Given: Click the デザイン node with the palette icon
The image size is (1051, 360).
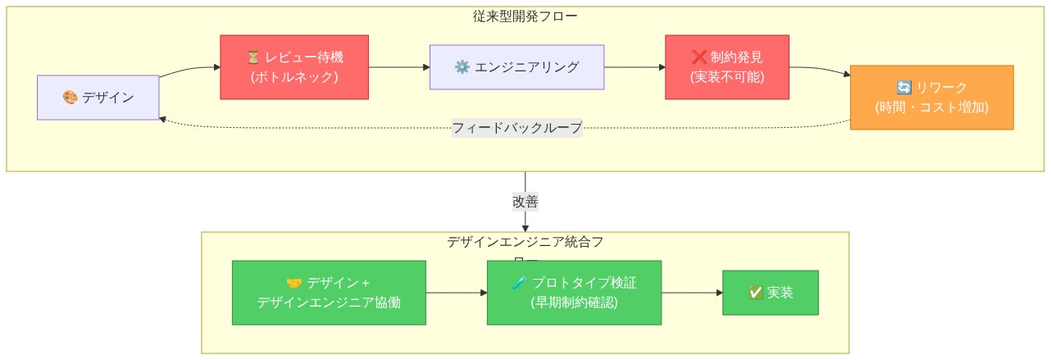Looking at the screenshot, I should pyautogui.click(x=98, y=98).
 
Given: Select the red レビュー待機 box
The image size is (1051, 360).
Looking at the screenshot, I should pyautogui.click(x=294, y=67).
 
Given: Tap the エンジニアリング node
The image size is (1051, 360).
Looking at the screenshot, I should pyautogui.click(x=516, y=67).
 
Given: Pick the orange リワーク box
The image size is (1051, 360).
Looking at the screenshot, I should pyautogui.click(x=931, y=98).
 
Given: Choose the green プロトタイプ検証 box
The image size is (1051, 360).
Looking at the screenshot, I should pyautogui.click(x=574, y=293).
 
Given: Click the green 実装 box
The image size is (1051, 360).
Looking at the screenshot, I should pyautogui.click(x=770, y=293).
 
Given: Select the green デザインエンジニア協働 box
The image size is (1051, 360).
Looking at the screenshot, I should pyautogui.click(x=329, y=293).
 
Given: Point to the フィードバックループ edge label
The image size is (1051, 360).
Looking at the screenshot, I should pyautogui.click(x=516, y=128).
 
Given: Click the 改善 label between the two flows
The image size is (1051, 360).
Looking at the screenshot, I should pyautogui.click(x=525, y=202).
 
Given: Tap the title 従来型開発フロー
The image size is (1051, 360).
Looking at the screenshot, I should pyautogui.click(x=525, y=16).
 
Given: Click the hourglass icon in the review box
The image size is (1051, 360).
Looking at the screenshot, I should pyautogui.click(x=253, y=57).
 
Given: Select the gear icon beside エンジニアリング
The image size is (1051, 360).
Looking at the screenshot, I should pyautogui.click(x=462, y=67).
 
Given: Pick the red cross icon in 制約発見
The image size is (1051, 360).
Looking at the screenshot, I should pyautogui.click(x=698, y=57).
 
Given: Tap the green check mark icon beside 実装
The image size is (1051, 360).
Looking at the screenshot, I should pyautogui.click(x=756, y=293).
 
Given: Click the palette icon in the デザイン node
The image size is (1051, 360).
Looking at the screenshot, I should pyautogui.click(x=71, y=98).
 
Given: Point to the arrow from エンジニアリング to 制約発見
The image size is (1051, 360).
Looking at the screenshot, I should pyautogui.click(x=635, y=67).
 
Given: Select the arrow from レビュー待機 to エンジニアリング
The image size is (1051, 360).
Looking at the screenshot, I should pyautogui.click(x=399, y=67).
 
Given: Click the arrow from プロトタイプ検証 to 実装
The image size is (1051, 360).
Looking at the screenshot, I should pyautogui.click(x=691, y=293).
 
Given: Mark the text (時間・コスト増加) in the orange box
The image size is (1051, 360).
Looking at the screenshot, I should pyautogui.click(x=931, y=107).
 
